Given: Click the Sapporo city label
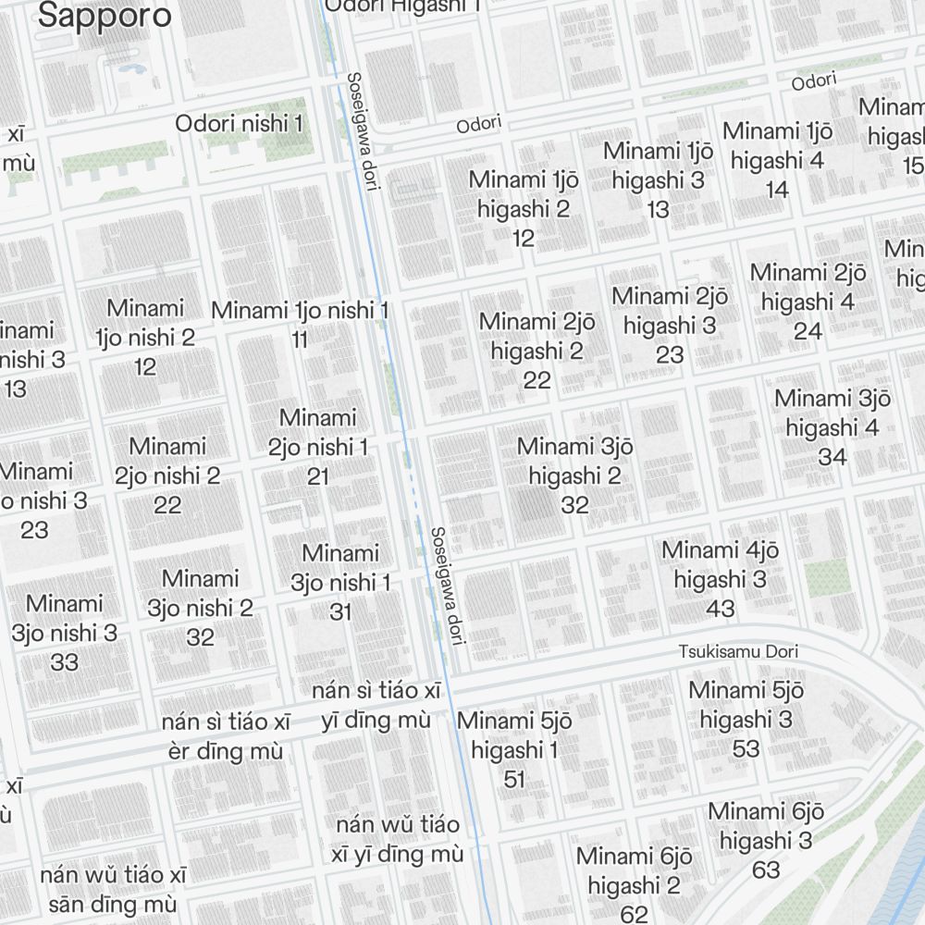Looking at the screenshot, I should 105,15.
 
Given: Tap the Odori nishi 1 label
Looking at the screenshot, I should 239,123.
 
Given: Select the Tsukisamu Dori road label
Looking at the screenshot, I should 737,651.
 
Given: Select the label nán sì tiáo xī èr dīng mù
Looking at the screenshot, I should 226,735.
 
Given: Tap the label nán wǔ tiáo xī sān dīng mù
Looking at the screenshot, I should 113,889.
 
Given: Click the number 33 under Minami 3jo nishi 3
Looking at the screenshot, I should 65,662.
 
